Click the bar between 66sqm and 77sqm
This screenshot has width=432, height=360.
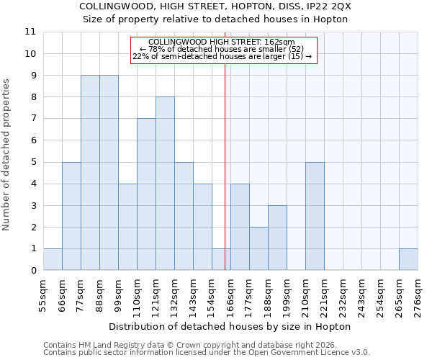tap(71, 216)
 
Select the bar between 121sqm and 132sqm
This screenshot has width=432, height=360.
tap(165, 184)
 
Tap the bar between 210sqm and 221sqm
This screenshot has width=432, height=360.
tap(315, 216)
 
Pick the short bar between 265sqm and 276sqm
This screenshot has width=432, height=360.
tap(408, 259)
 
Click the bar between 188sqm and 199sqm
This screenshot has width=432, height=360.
tap(277, 238)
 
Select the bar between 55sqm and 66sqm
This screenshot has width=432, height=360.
tap(53, 259)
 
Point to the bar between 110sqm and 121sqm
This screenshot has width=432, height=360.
tap(146, 194)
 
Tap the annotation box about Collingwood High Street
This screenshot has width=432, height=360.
tap(222, 49)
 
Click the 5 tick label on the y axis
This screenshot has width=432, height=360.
tap(32, 162)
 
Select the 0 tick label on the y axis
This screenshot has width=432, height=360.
tap(32, 271)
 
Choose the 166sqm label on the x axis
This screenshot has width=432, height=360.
tap(230, 292)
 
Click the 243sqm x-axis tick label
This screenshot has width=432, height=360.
tap(361, 292)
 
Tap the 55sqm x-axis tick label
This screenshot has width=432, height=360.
tap(44, 292)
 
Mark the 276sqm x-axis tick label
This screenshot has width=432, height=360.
tap(418, 292)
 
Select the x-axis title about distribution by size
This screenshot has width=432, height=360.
tap(230, 326)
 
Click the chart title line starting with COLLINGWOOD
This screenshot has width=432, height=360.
tap(215, 6)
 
